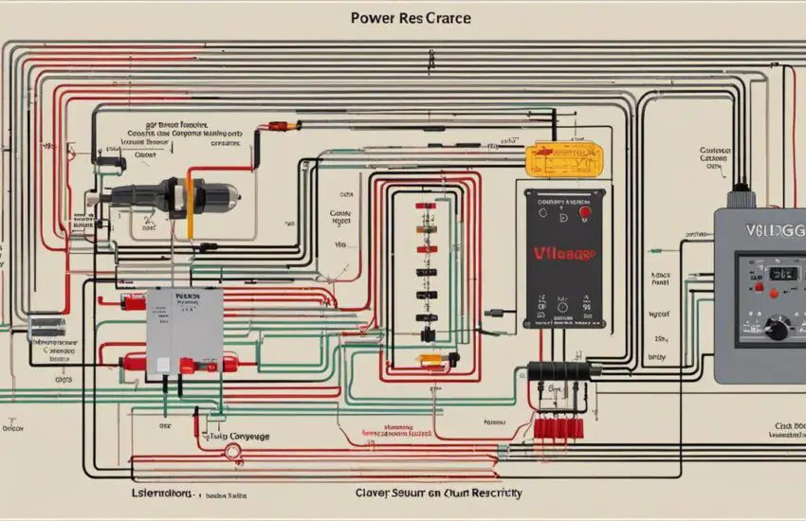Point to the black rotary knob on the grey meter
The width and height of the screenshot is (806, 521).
pyautogui.click(x=777, y=328)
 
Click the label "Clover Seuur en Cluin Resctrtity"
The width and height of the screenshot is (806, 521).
pyautogui.click(x=438, y=494)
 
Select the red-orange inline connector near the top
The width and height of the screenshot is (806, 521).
pyautogui.click(x=281, y=126)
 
